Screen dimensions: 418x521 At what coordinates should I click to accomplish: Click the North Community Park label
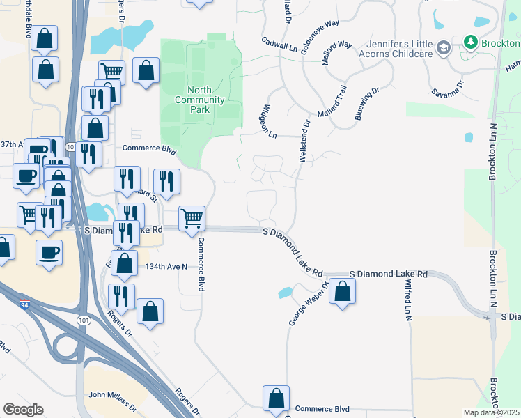pyautogui.click(x=205, y=100)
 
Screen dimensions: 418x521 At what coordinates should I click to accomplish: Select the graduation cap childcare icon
pyautogui.click(x=443, y=47)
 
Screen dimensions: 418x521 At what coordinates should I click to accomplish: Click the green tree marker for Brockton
pyautogui.click(x=471, y=42)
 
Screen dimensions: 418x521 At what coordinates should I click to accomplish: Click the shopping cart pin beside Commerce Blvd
pyautogui.click(x=192, y=218)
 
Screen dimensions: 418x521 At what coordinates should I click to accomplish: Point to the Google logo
pyautogui.click(x=23, y=410)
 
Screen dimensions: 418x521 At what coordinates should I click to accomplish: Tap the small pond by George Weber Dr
pyautogui.click(x=284, y=292)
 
